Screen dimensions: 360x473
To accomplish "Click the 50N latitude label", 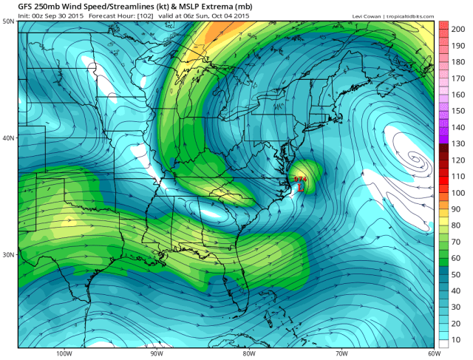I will (8, 21).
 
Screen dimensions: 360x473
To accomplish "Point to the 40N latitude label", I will (8, 137).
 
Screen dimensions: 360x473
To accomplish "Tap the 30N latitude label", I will (8, 254).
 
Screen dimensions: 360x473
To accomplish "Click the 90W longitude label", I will (154, 353).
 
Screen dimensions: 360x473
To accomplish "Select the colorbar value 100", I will (457, 192).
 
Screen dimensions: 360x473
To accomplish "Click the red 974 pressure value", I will (300, 179).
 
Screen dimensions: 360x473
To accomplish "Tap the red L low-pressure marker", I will (301, 187).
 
